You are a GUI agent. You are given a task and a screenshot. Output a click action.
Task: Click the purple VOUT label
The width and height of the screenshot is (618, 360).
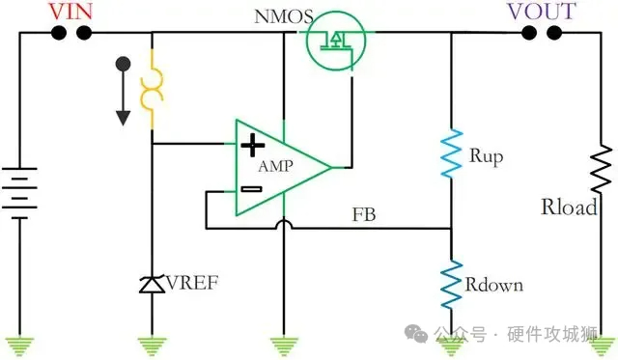coord(542,12)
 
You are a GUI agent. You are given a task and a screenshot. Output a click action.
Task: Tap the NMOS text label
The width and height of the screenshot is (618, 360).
coord(282,17)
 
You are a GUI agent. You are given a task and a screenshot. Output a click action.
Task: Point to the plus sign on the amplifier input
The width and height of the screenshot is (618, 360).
coord(252,145)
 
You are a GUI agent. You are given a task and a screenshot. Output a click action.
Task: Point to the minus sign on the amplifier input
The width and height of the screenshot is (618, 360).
coord(250,188)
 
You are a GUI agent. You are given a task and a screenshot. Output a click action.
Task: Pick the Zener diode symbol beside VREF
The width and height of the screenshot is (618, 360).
coord(151,284)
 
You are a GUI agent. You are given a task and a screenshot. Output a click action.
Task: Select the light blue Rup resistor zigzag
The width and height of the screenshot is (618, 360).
coord(452,154)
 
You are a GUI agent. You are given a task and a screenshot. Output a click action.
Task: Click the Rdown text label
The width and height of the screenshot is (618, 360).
coord(494,285)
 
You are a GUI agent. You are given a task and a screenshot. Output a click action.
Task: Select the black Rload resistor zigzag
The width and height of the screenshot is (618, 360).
coord(602,175)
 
